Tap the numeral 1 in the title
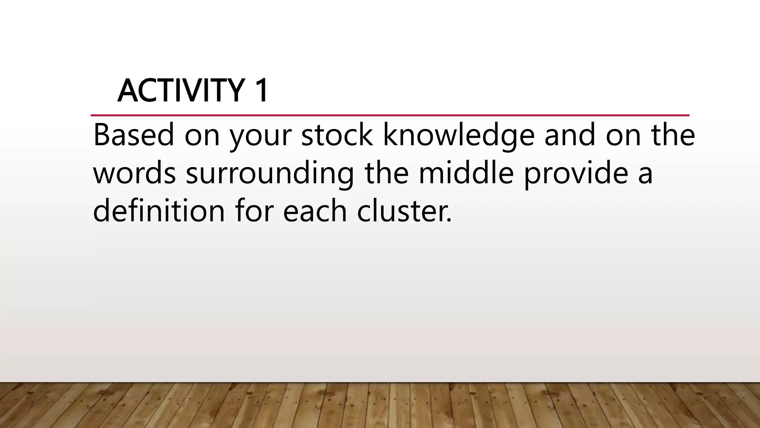click(261, 91)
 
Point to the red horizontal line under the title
click(390, 116)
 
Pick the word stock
click(337, 135)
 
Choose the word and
click(570, 135)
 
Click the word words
click(134, 174)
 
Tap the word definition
click(159, 211)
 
